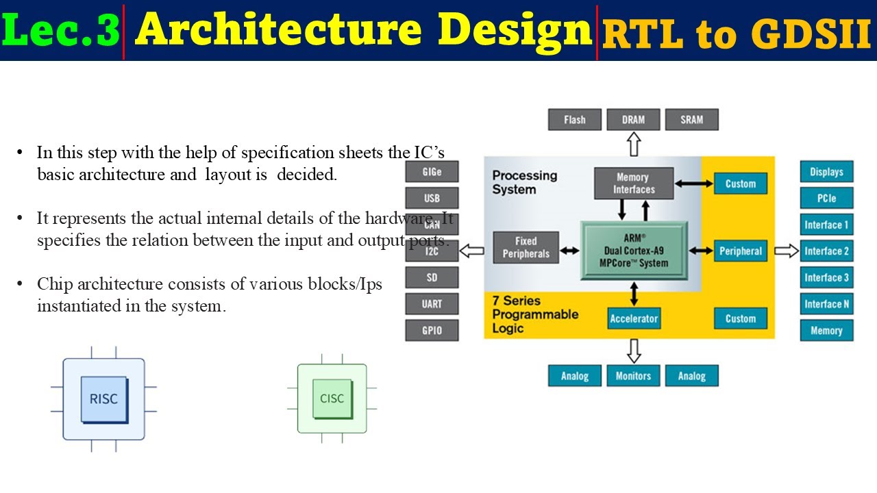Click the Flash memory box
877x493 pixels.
click(574, 120)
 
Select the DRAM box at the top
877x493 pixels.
click(633, 120)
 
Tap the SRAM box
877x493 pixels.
click(691, 120)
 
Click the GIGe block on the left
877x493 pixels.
click(432, 172)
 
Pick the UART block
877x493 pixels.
click(432, 304)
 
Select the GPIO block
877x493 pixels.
click(432, 331)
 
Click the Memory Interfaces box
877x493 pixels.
click(634, 184)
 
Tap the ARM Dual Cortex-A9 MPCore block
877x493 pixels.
click(634, 251)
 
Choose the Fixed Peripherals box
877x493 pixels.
click(526, 248)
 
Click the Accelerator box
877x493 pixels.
click(634, 318)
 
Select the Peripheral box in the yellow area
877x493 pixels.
click(740, 251)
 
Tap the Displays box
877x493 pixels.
click(826, 172)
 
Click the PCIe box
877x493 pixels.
click(826, 199)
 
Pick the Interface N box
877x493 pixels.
click(826, 304)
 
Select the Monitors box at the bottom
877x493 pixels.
click(633, 376)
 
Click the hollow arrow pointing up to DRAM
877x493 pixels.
click(633, 144)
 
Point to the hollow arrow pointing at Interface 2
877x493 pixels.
click(787, 251)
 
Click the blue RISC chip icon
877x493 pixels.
click(104, 399)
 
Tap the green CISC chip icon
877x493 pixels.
click(332, 399)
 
